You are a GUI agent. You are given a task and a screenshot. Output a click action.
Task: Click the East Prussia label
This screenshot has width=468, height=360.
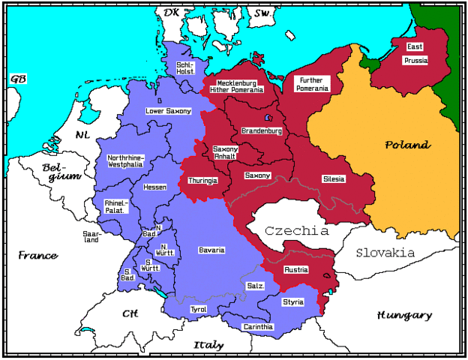(415, 53)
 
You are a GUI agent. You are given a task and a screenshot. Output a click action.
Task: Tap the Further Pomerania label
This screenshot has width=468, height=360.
(313, 84)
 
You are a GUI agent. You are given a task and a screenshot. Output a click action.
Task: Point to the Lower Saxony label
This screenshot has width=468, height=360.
(168, 111)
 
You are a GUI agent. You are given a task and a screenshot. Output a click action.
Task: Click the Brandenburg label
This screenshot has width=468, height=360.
(262, 130)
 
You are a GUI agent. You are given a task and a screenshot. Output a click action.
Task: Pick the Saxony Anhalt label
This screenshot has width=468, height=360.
(225, 152)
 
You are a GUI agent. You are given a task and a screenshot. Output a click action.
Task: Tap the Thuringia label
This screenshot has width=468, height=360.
(203, 181)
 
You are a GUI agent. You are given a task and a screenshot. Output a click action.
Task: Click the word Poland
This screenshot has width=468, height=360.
(407, 145)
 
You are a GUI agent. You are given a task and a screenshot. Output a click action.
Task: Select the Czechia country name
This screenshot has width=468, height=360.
(297, 230)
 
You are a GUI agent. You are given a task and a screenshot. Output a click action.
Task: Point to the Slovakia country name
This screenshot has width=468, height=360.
(385, 253)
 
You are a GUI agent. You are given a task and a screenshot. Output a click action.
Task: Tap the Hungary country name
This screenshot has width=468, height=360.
(404, 315)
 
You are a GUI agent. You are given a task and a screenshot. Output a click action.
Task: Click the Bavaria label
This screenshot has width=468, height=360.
(211, 249)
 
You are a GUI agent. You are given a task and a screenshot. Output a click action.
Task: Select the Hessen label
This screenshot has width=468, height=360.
(155, 187)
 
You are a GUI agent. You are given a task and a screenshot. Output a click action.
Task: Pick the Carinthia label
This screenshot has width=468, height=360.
(259, 327)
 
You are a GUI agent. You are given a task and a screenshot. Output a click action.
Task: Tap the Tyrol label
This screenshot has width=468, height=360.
(199, 309)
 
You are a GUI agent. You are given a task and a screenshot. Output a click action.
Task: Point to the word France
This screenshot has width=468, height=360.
(37, 256)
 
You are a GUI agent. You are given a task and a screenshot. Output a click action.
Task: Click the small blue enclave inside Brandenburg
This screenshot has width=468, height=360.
(268, 118)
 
